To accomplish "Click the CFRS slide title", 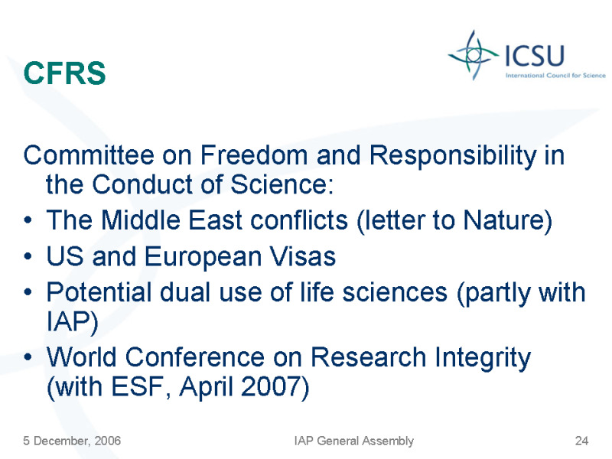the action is point(64,73).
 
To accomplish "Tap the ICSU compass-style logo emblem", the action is point(474,55).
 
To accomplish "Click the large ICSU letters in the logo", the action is point(535,55).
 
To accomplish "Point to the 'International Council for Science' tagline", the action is point(555,75).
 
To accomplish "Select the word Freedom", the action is point(255,155).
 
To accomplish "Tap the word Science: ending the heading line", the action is point(282,184).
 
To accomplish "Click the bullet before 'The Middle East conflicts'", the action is point(28,220).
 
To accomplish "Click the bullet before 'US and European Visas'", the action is point(28,256).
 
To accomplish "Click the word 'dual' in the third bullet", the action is point(185,292).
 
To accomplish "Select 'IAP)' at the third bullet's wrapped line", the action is point(72,322).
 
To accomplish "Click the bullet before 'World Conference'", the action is point(28,356).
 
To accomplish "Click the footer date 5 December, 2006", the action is point(72,441).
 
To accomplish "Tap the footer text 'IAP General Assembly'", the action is point(354,441).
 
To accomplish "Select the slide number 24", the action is point(581,441).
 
